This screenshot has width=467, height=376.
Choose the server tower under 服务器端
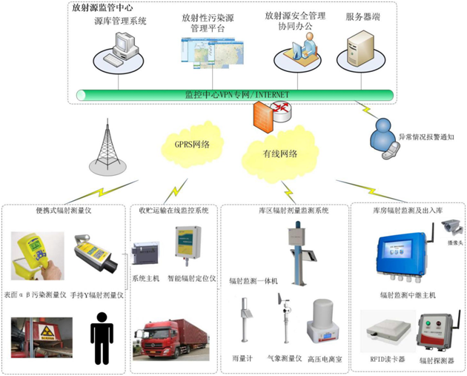point(354,53)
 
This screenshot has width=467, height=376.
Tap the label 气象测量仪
point(282,359)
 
